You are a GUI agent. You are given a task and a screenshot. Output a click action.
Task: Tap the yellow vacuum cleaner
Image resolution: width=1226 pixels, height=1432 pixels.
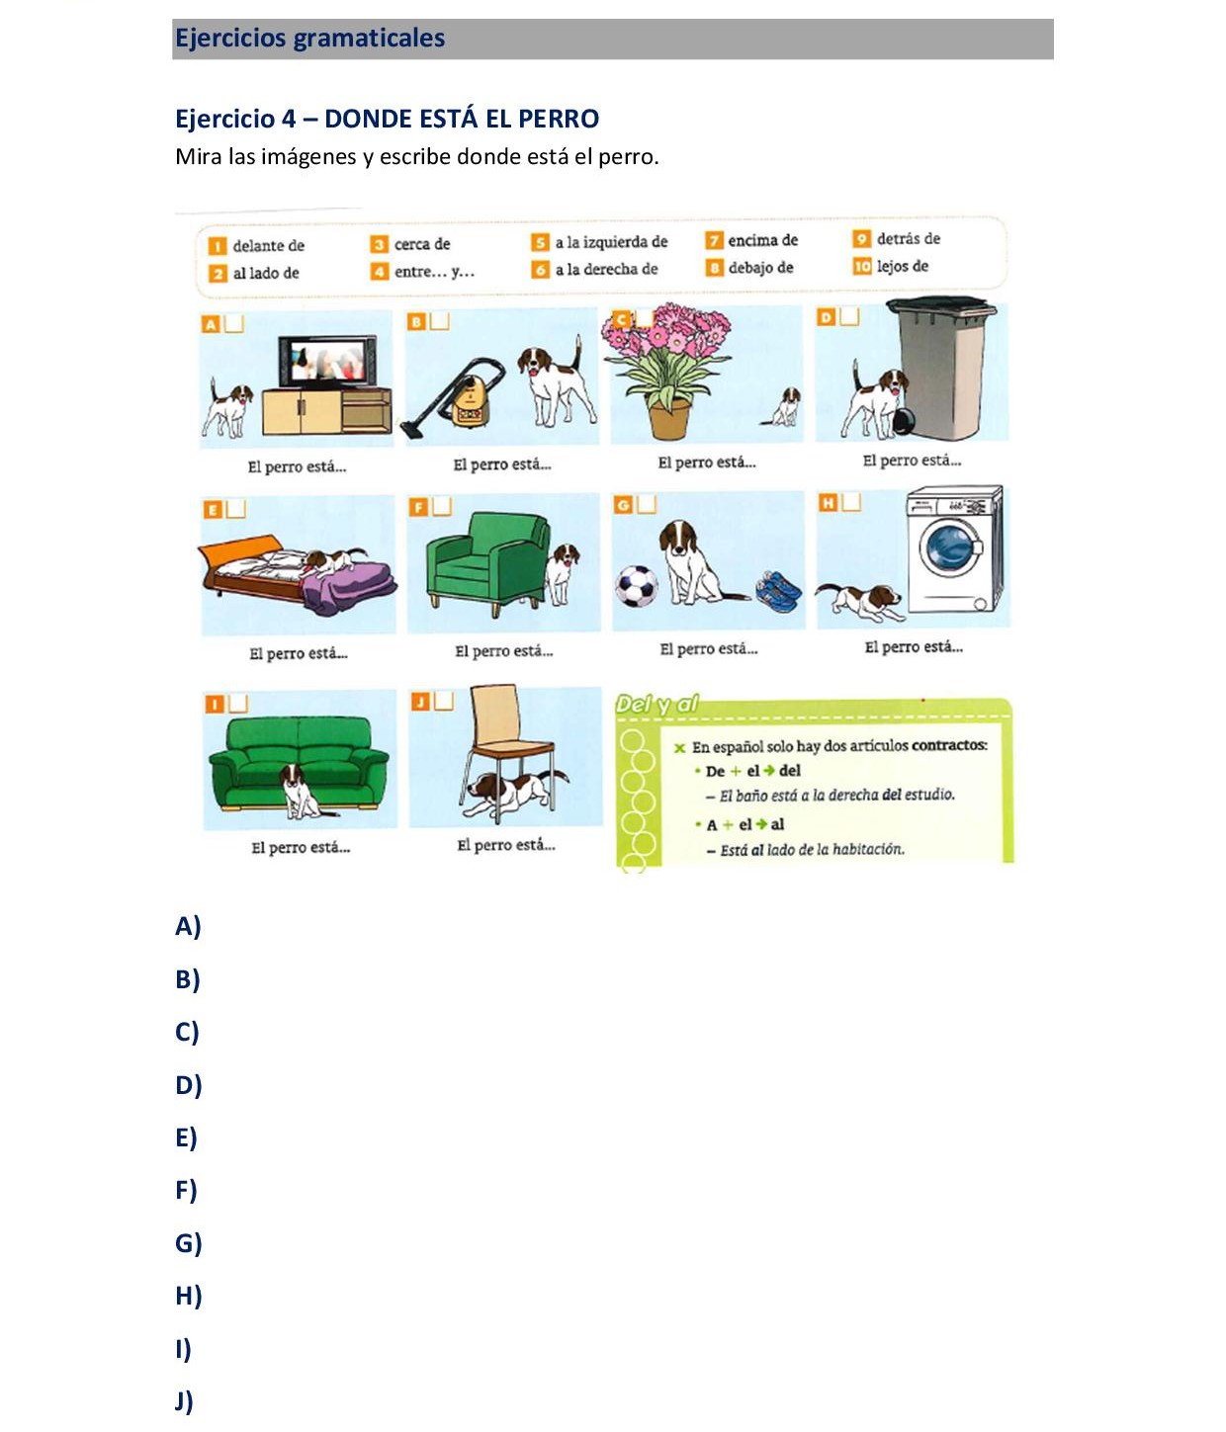[468, 396]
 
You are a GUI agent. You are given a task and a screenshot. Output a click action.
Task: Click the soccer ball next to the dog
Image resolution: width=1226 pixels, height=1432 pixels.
[637, 586]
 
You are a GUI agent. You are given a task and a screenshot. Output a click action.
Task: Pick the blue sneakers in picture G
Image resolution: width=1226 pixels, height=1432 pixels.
[779, 590]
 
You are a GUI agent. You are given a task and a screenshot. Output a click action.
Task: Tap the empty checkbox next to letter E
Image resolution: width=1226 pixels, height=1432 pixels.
[235, 508]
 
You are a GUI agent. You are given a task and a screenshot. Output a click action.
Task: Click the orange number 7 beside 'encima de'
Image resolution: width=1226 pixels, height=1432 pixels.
[714, 240]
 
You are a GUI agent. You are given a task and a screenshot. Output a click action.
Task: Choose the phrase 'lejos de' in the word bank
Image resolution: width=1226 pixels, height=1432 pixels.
[902, 266]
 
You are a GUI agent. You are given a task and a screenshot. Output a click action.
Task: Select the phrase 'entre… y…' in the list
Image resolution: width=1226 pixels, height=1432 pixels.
[434, 272]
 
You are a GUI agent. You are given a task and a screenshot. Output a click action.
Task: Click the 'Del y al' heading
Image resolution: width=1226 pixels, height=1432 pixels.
[657, 705]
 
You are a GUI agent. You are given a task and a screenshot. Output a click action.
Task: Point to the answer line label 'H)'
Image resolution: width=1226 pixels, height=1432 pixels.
[188, 1295]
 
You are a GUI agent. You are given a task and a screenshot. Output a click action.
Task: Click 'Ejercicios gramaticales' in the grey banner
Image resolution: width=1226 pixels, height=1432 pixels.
[309, 39]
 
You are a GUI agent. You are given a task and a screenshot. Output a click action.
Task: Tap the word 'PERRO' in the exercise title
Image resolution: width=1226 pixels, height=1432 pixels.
[558, 119]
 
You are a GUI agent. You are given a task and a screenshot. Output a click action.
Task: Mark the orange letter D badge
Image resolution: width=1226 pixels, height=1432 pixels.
[826, 317]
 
